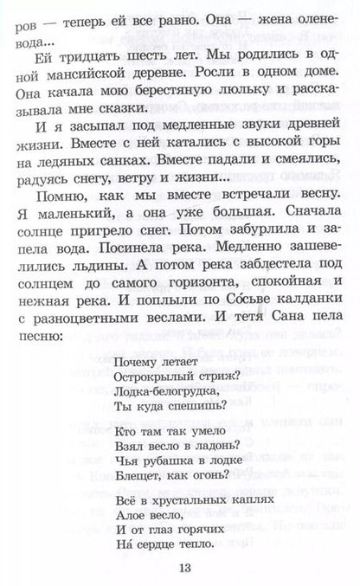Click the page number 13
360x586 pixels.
tap(180, 567)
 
